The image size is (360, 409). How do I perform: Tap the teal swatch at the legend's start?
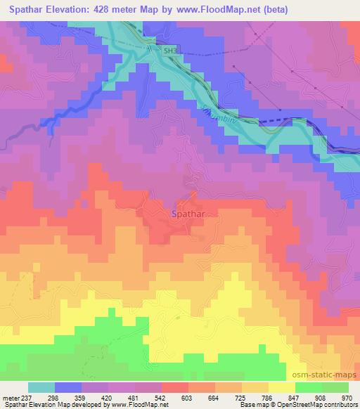[x=41, y=387]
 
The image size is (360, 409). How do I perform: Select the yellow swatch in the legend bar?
[x=282, y=387]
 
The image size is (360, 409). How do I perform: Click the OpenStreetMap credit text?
[x=314, y=404]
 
